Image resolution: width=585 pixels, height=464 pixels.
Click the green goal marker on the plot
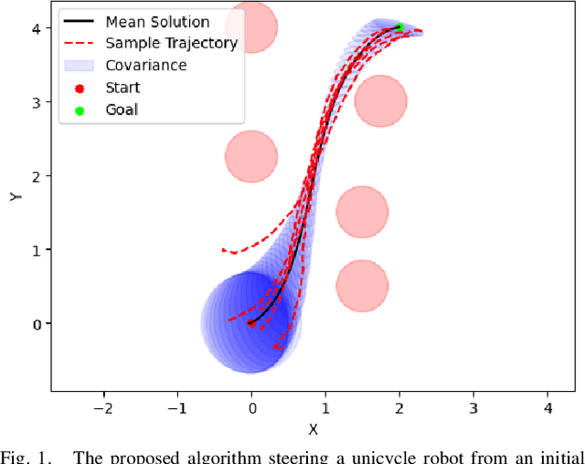tap(399, 27)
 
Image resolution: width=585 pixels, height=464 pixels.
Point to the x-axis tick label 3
tap(473, 406)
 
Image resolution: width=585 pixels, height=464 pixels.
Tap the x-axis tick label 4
tap(548, 406)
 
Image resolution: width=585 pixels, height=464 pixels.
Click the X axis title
tap(313, 428)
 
